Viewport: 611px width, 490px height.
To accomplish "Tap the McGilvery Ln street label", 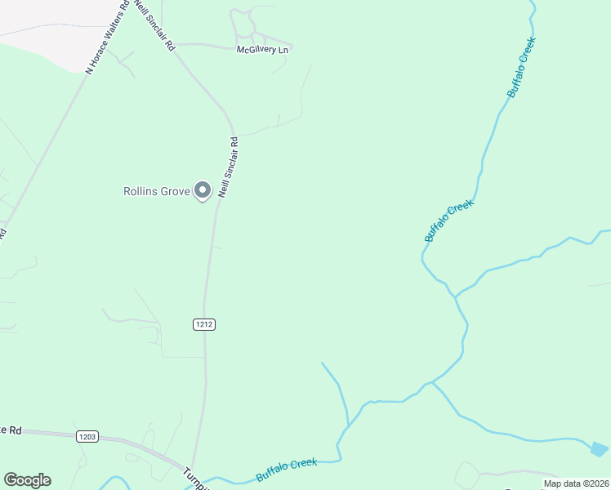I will pyautogui.click(x=263, y=51).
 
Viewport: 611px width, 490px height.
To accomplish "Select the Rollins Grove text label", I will pyautogui.click(x=156, y=192).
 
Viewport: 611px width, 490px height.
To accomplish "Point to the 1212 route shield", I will pyautogui.click(x=204, y=324).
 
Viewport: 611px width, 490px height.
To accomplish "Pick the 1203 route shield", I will pyautogui.click(x=88, y=436).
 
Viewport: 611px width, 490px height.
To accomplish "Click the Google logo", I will pyautogui.click(x=27, y=480).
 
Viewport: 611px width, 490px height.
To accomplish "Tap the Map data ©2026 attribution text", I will pyautogui.click(x=576, y=483).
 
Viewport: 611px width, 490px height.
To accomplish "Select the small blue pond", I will pyautogui.click(x=600, y=448).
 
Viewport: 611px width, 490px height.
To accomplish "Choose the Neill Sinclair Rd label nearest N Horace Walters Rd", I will pyautogui.click(x=155, y=26).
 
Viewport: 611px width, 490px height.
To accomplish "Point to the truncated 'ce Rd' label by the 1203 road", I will pyautogui.click(x=11, y=430).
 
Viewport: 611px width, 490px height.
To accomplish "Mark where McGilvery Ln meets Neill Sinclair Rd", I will pyautogui.click(x=175, y=44).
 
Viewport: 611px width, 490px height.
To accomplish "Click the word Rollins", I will pyautogui.click(x=140, y=192).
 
